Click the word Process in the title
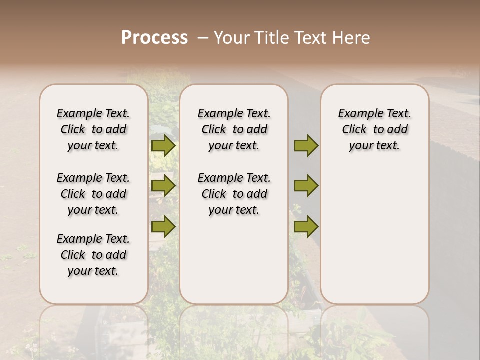pos(154,38)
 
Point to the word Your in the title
pos(231,38)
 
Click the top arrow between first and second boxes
pos(163,145)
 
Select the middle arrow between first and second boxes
pos(163,186)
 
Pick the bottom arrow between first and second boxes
pos(163,226)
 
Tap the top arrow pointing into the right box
pos(306,145)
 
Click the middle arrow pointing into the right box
pos(306,186)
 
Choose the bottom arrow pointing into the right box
pos(306,226)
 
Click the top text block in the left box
pos(93,129)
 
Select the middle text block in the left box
pos(93,194)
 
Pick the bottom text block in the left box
pos(93,255)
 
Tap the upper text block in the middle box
pos(234,129)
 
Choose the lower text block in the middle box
pos(234,194)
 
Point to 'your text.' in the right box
pos(374,146)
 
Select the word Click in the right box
pos(354,130)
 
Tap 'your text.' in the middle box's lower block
pos(234,210)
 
